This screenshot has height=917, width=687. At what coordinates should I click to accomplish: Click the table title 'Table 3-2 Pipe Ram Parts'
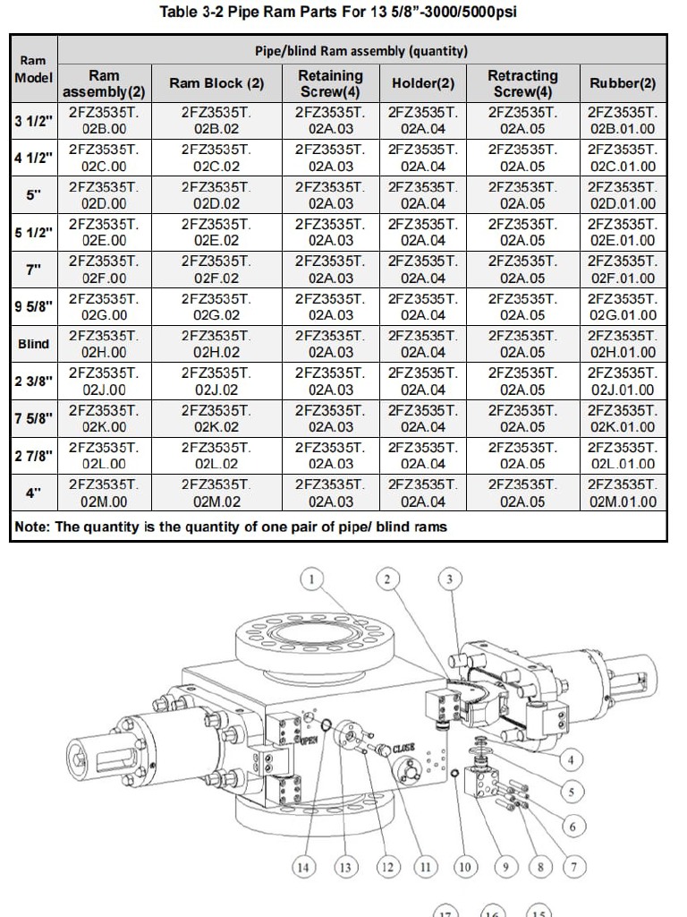pyautogui.click(x=337, y=12)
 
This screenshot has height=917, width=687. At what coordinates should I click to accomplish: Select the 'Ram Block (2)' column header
pyautogui.click(x=216, y=83)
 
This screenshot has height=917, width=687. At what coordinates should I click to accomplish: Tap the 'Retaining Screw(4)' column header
pyautogui.click(x=330, y=83)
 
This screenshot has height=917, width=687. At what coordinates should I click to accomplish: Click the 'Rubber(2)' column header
pyautogui.click(x=623, y=83)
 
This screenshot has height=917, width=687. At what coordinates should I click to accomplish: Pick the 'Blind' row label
pyautogui.click(x=34, y=344)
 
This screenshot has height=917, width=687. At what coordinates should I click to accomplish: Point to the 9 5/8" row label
pyautogui.click(x=34, y=306)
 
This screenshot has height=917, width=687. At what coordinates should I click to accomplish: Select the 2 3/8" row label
pyautogui.click(x=34, y=381)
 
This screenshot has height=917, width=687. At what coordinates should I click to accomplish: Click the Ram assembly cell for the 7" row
pyautogui.click(x=104, y=270)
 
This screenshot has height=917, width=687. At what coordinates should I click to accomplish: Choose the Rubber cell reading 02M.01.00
pyautogui.click(x=623, y=493)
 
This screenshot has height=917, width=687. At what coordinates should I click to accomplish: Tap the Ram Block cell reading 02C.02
pyautogui.click(x=216, y=158)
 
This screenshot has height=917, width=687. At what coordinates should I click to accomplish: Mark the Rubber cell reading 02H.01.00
pyautogui.click(x=623, y=344)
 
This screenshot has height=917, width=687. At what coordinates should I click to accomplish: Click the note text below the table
pyautogui.click(x=231, y=527)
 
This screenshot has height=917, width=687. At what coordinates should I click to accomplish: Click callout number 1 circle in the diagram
pyautogui.click(x=310, y=579)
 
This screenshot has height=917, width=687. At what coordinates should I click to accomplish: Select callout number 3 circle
pyautogui.click(x=449, y=579)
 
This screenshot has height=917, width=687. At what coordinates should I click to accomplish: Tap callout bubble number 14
pyautogui.click(x=305, y=866)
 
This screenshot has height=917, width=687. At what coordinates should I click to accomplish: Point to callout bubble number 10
pyautogui.click(x=464, y=866)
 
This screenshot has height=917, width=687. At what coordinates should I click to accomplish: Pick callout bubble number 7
pyautogui.click(x=572, y=866)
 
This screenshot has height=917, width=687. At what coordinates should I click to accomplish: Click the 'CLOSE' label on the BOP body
pyautogui.click(x=403, y=749)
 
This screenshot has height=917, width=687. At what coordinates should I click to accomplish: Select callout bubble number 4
pyautogui.click(x=571, y=760)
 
